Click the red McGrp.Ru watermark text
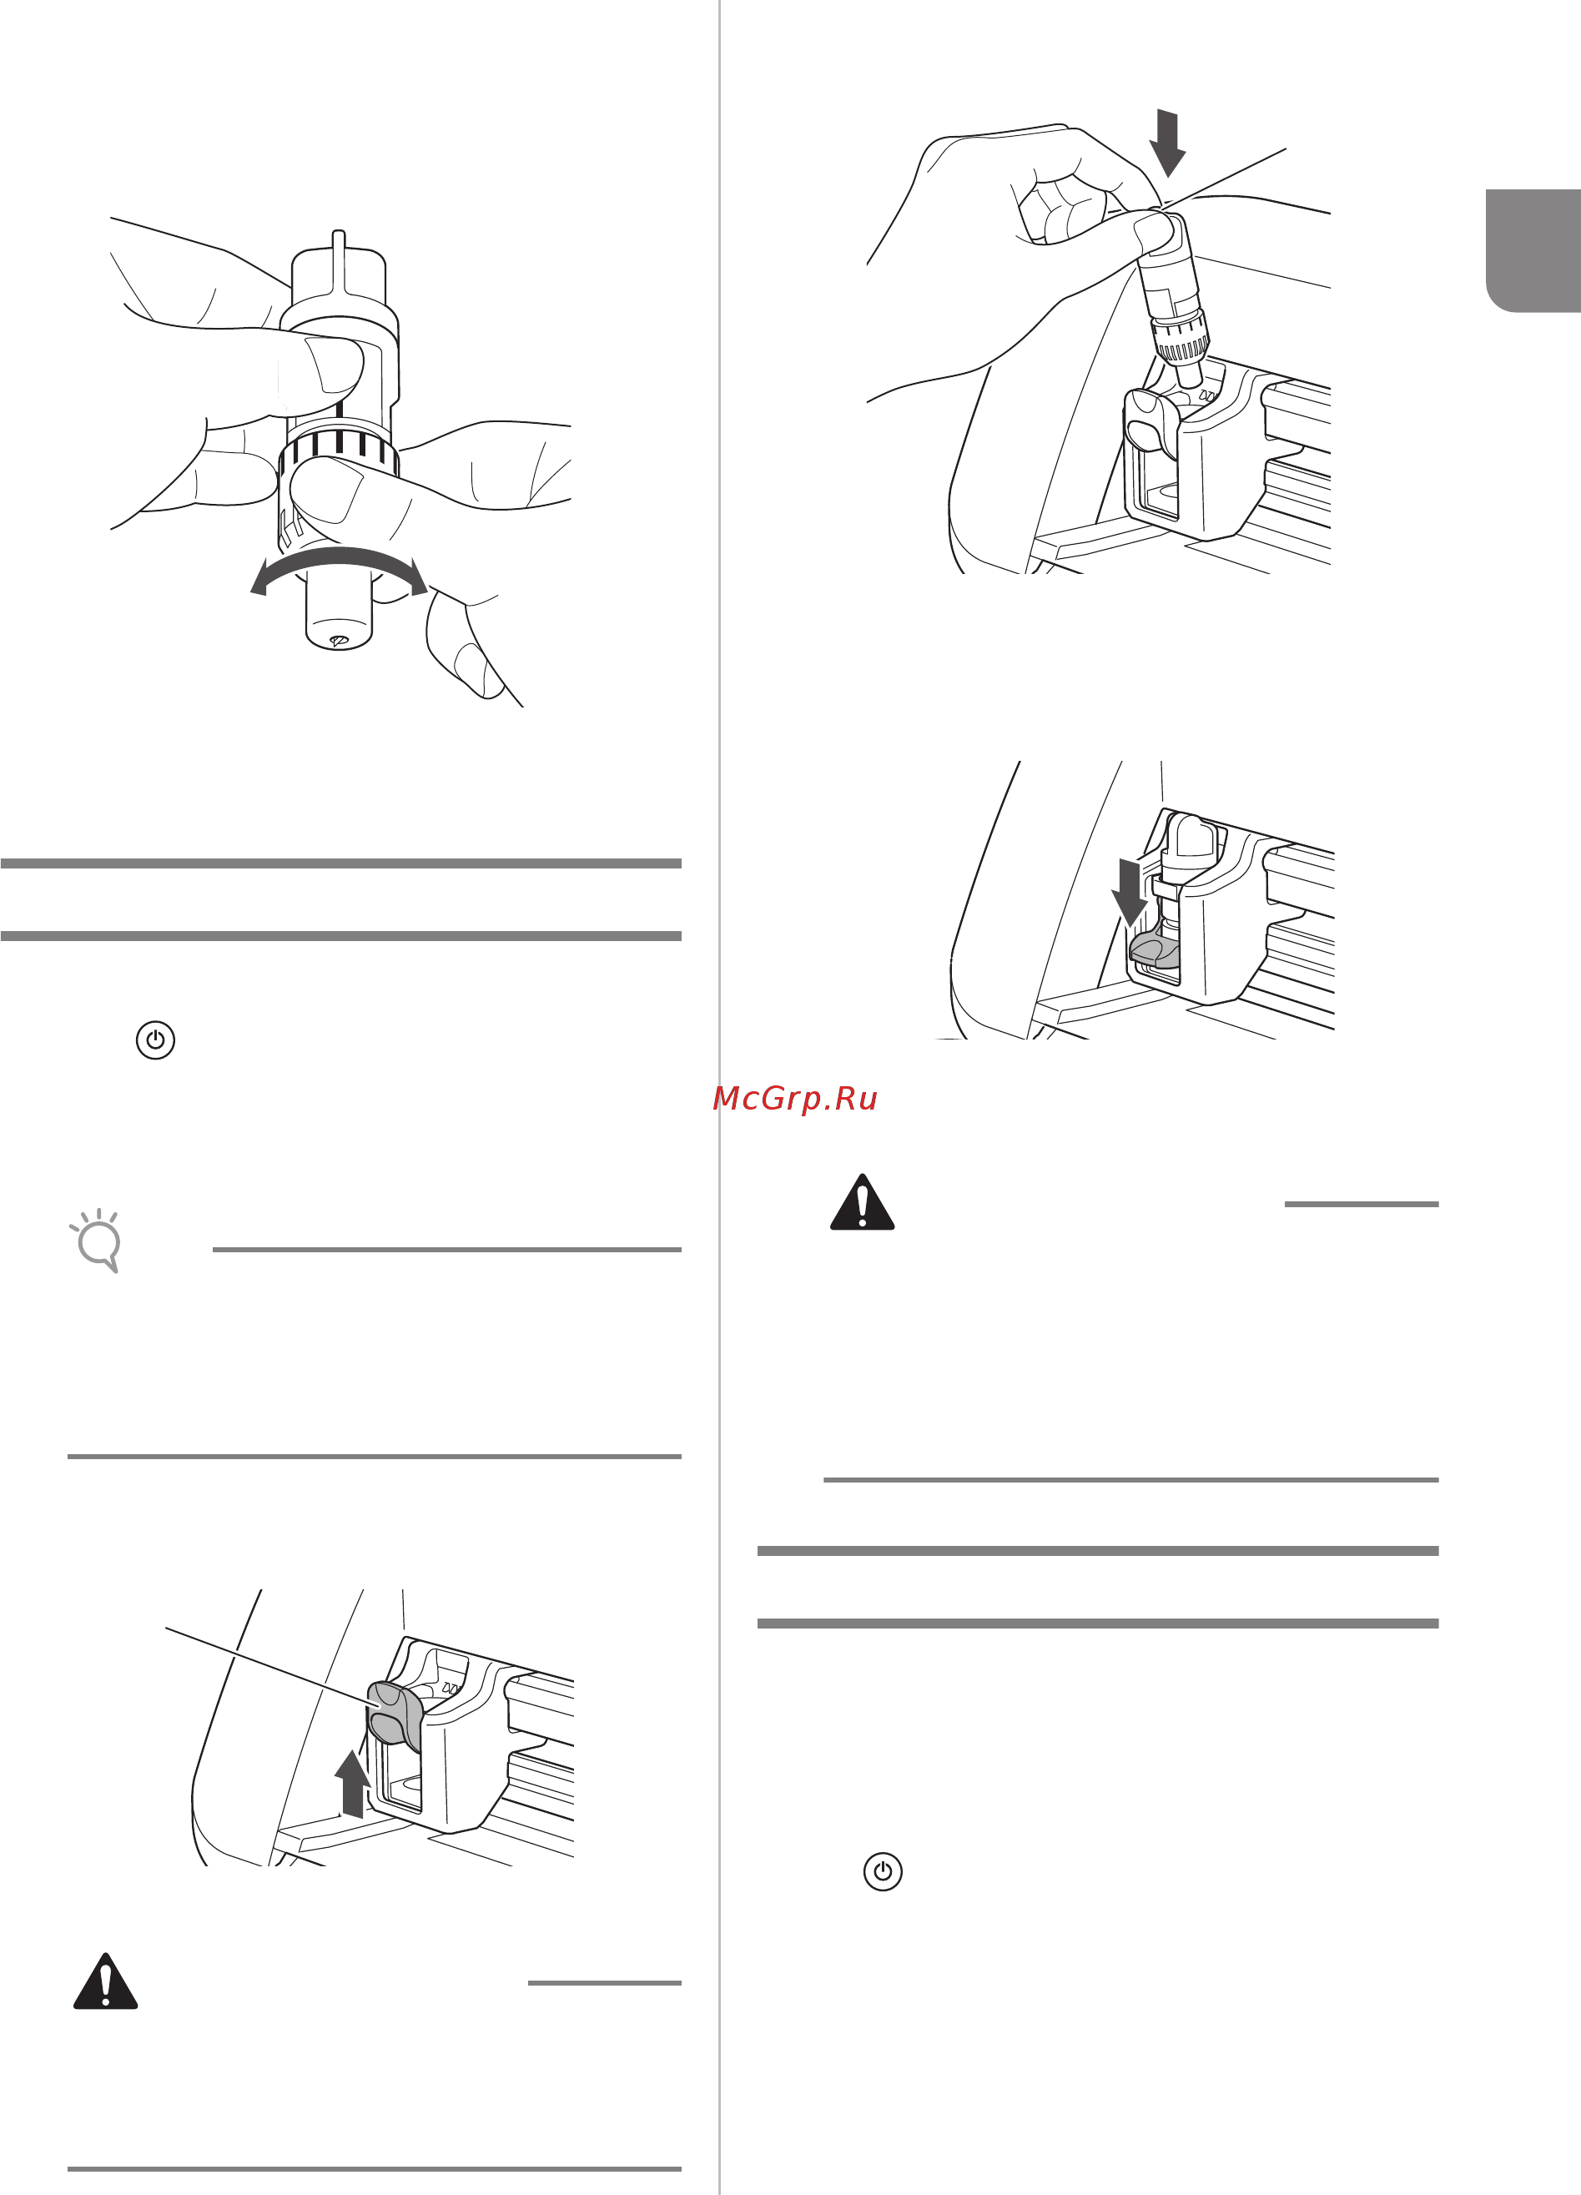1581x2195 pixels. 794,1099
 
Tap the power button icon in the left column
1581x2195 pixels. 155,1040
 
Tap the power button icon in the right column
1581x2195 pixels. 883,1872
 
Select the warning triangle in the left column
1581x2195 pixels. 105,1983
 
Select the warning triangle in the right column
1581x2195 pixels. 862,1203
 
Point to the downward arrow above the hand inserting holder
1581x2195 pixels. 1168,143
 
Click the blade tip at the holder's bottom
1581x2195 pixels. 338,641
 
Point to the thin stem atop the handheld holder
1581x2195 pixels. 338,259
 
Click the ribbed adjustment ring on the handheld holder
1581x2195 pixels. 339,449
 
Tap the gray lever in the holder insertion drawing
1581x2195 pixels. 1151,418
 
